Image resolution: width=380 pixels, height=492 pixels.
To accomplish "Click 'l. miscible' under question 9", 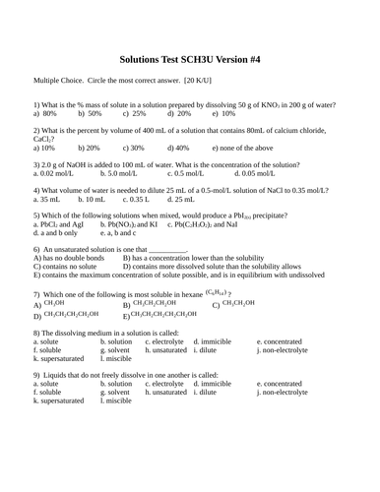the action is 115,401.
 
